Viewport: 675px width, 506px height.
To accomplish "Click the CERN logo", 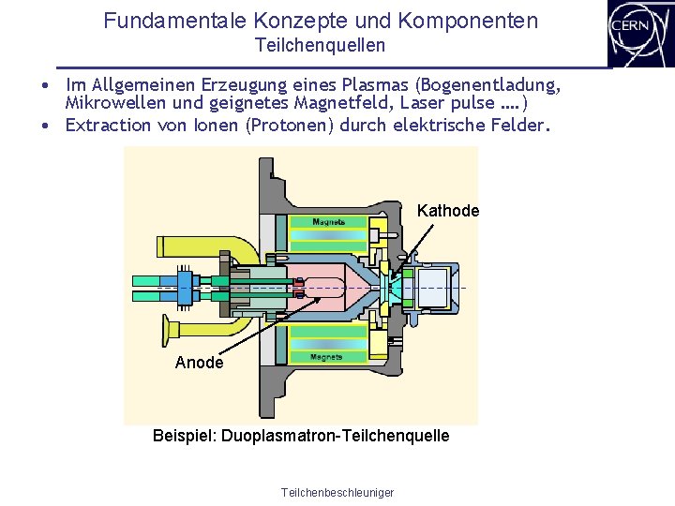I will (640, 33).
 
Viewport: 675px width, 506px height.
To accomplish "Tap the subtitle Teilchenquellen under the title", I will (320, 45).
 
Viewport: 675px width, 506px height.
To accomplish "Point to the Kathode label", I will (447, 211).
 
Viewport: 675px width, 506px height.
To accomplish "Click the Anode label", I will (199, 363).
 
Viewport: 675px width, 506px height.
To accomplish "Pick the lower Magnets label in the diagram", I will (326, 356).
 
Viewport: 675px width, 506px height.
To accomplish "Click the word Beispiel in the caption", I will (185, 436).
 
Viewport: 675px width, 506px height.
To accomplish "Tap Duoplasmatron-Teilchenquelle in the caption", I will (336, 436).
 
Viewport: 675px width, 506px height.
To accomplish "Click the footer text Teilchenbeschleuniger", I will (337, 493).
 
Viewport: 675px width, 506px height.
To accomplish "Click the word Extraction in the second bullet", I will (109, 125).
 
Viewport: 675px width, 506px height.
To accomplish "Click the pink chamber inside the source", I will (333, 282).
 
